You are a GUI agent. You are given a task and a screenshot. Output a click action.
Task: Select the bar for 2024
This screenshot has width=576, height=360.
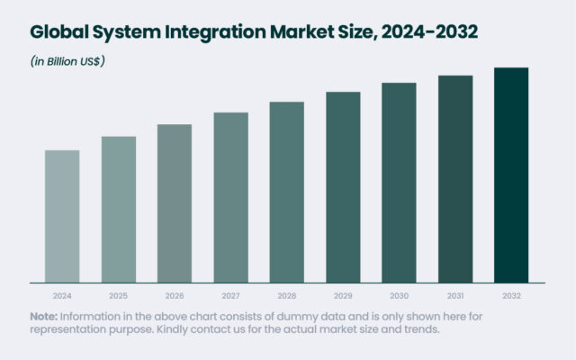[x=62, y=215]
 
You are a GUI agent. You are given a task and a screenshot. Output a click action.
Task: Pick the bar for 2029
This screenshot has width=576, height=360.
[x=343, y=186]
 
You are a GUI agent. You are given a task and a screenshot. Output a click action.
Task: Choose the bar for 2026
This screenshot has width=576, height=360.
[x=175, y=202]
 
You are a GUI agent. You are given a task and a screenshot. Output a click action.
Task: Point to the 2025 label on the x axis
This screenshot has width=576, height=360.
[x=118, y=295]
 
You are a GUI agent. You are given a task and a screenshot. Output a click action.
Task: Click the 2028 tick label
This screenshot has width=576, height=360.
[x=286, y=295]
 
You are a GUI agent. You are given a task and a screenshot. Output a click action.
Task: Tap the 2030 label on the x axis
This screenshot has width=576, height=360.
[x=399, y=295]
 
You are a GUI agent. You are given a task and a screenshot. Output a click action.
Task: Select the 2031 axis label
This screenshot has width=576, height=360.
[x=455, y=295]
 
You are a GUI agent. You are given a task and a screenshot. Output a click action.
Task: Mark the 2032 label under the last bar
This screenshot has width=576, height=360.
[x=511, y=295]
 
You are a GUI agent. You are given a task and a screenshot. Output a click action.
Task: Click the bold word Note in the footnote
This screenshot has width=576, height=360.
[x=43, y=316]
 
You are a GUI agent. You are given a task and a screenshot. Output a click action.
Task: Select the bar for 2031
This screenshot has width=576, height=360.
[x=455, y=178]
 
